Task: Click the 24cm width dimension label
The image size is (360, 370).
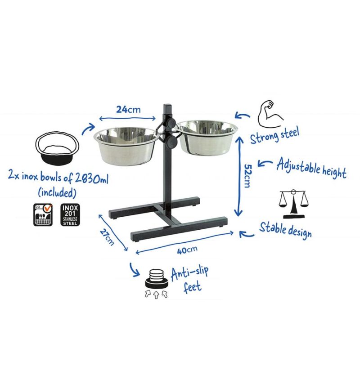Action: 128,110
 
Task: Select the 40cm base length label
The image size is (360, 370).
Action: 187,250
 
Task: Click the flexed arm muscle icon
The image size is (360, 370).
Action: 270,114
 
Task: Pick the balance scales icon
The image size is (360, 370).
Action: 293,204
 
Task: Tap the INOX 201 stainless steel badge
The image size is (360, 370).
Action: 70,215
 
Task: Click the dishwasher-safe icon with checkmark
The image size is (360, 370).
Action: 43,215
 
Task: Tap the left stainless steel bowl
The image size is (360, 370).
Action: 126,146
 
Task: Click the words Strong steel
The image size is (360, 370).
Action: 274,135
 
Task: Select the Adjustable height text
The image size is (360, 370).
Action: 311,169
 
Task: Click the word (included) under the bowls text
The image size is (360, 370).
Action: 57,193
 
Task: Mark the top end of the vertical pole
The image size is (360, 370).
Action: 167,104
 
